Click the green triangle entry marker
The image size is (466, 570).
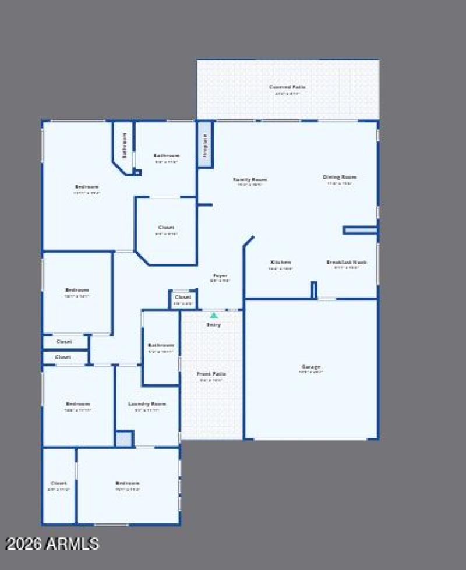(214, 315)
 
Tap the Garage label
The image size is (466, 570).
(311, 367)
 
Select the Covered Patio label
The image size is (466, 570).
(287, 87)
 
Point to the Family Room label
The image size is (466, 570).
(250, 179)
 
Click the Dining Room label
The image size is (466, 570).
(340, 177)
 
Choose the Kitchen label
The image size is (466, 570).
(280, 262)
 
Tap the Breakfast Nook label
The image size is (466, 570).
(347, 262)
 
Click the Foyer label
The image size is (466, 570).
(220, 275)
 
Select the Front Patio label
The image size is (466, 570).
(211, 374)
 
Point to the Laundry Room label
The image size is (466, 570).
(147, 404)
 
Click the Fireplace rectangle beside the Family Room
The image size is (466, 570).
(204, 144)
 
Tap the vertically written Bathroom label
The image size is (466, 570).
(124, 146)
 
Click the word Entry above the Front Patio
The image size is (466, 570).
(213, 325)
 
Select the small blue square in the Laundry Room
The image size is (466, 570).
(124, 438)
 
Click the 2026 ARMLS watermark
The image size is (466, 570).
(52, 544)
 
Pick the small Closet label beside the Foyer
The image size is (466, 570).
(183, 297)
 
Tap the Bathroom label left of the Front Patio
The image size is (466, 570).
(161, 345)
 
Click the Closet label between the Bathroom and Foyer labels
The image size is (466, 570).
(166, 228)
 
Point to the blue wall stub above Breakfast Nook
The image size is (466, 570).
(360, 230)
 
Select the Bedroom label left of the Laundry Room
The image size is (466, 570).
(77, 404)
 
